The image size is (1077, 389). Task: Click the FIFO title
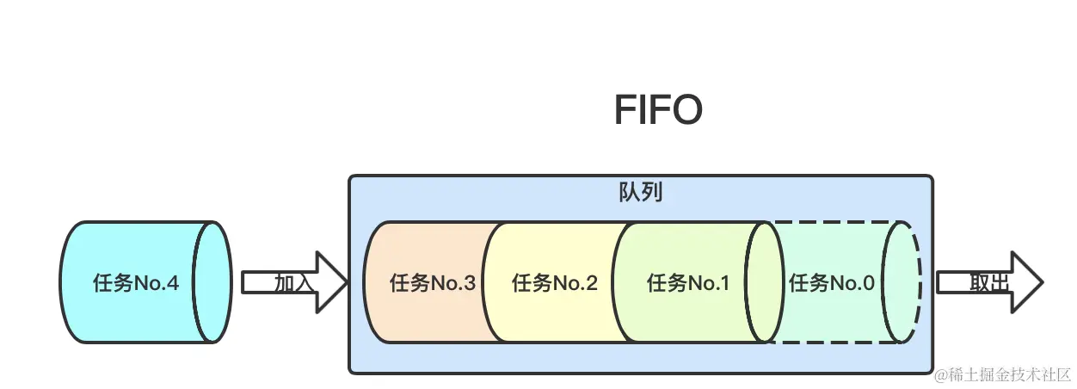point(658,111)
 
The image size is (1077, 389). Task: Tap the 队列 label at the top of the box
point(640,192)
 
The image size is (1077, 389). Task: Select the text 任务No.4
point(136,282)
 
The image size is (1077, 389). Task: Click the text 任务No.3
point(433,283)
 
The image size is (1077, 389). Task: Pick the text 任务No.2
point(555,283)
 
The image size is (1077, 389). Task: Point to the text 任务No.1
point(688,282)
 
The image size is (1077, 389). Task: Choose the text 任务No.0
point(831,282)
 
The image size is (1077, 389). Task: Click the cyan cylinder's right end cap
point(212,282)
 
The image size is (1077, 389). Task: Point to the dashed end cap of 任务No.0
point(902,282)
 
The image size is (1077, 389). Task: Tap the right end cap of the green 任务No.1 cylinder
point(764,282)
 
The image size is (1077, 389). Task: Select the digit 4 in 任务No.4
point(173,282)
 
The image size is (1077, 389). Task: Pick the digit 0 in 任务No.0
point(868,282)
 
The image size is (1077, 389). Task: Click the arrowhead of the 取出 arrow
point(1027,282)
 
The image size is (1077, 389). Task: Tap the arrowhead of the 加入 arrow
point(332,282)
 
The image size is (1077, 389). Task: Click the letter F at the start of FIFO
point(625,111)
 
